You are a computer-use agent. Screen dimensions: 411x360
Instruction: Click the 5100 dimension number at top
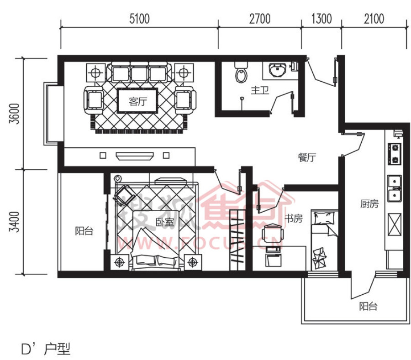click(x=139, y=19)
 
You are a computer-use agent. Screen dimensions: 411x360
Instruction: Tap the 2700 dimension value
click(x=259, y=19)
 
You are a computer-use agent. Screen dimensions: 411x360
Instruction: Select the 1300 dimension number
click(x=321, y=19)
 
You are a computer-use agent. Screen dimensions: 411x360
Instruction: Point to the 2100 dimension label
click(x=374, y=19)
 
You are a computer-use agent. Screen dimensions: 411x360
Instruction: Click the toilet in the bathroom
click(x=241, y=72)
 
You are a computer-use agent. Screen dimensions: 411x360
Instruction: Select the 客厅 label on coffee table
click(x=138, y=101)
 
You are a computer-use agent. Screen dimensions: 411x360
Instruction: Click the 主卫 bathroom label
click(x=260, y=90)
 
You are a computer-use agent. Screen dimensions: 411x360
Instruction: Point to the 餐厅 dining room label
click(x=307, y=157)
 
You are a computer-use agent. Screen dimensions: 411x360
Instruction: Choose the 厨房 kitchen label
click(x=369, y=203)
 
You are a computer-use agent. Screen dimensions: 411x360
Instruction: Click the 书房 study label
click(x=294, y=219)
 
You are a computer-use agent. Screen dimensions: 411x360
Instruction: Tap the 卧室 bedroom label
click(x=164, y=222)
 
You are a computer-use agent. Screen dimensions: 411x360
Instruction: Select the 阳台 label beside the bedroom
click(x=84, y=231)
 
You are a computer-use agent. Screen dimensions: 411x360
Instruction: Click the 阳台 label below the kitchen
click(x=368, y=306)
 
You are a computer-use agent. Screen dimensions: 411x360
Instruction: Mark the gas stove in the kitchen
click(x=395, y=153)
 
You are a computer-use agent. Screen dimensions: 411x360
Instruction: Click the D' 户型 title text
click(x=46, y=349)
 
